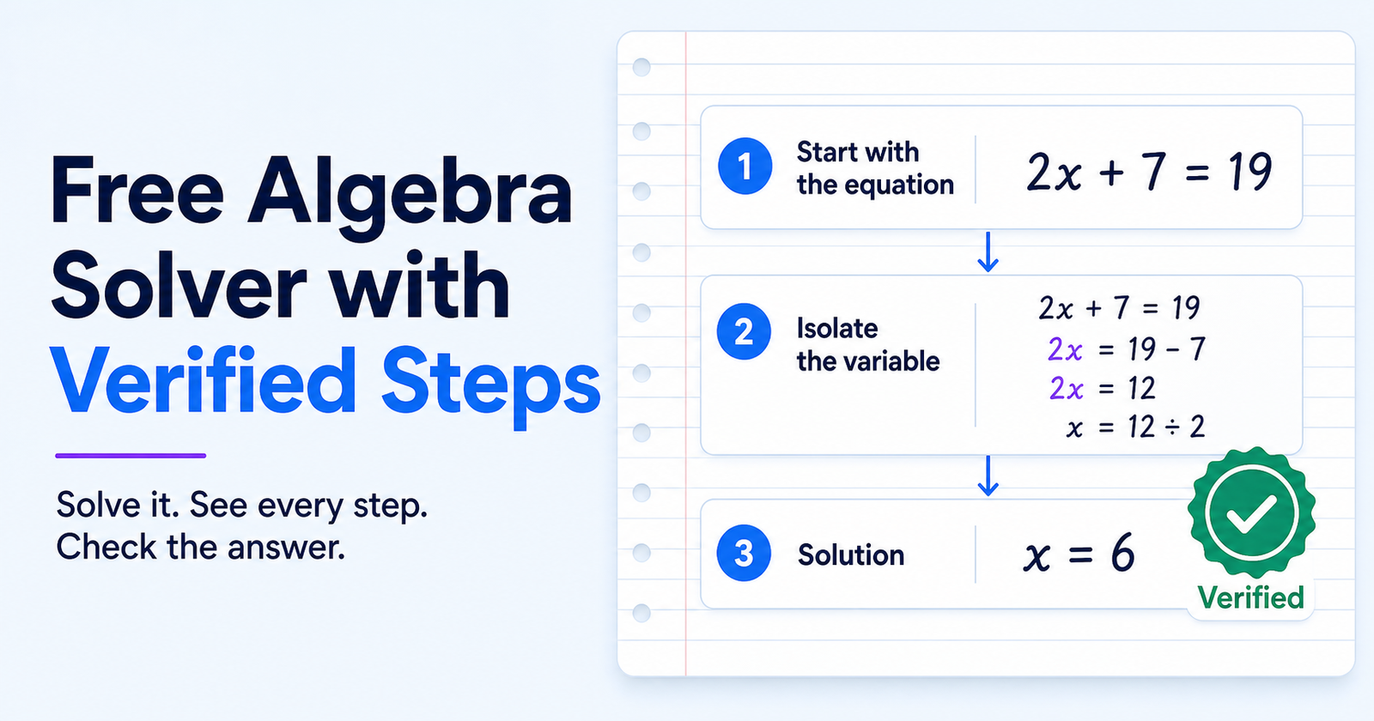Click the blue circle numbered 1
click(745, 167)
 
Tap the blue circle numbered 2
click(744, 331)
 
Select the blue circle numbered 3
click(744, 553)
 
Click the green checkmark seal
click(1251, 512)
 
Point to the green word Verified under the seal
click(1250, 597)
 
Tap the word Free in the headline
click(137, 190)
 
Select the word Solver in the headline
click(179, 286)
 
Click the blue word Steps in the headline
click(490, 383)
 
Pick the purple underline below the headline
click(131, 456)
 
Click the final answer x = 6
click(1079, 553)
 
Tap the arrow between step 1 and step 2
click(988, 252)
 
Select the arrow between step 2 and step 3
click(988, 476)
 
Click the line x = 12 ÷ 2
click(1135, 426)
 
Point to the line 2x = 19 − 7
click(1127, 349)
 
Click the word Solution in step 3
click(851, 554)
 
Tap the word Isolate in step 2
click(837, 329)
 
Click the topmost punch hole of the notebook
click(641, 68)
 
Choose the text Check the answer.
click(201, 547)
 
